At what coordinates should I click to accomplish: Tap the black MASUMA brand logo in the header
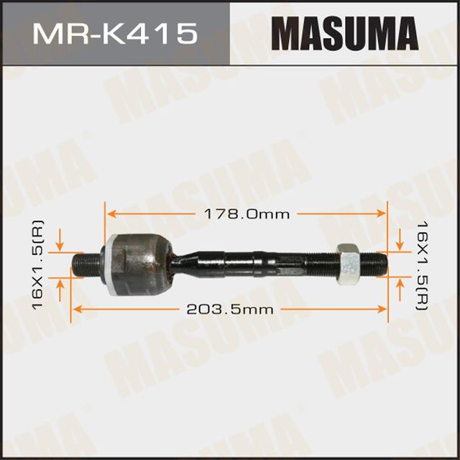click(344, 33)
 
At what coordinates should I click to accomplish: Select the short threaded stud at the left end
click(86, 263)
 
